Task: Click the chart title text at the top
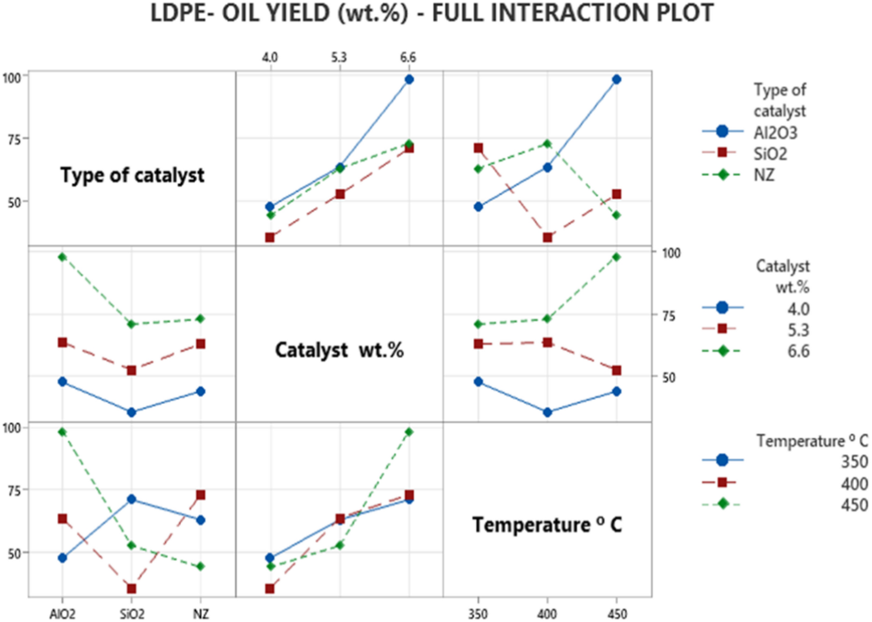(431, 13)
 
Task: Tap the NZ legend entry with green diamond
(764, 175)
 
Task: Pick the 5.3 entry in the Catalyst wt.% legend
(798, 330)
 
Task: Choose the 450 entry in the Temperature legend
(854, 505)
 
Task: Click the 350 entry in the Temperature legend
(854, 461)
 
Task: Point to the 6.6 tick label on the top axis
(408, 57)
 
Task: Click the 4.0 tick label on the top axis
(270, 57)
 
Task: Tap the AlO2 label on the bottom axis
(62, 614)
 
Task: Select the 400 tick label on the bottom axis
(547, 614)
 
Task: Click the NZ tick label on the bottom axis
(201, 614)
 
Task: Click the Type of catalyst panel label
(132, 175)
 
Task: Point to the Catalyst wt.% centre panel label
(339, 350)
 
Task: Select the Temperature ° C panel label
(547, 525)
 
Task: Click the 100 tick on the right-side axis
(671, 253)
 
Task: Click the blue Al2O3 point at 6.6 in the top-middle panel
(409, 79)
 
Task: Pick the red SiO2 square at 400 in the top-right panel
(547, 237)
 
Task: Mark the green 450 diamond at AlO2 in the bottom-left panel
(62, 432)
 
